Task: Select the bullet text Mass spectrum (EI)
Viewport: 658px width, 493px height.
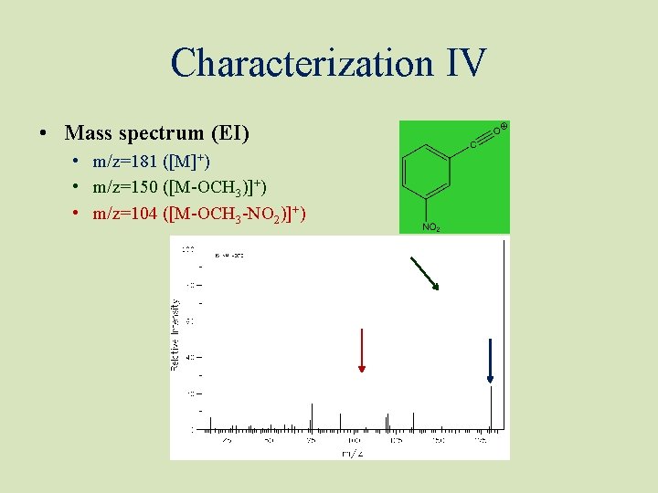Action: point(156,133)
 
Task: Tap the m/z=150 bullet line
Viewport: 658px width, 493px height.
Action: point(179,187)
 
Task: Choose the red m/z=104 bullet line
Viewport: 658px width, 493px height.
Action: point(199,214)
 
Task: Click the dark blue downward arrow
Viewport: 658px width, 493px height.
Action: point(490,360)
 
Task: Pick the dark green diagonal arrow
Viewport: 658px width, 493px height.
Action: point(424,273)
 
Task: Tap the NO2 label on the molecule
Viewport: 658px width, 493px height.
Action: point(430,226)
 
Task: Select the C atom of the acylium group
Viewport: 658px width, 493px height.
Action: point(473,144)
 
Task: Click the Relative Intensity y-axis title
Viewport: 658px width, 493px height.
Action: point(175,333)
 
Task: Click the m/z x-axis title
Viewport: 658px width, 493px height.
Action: point(352,453)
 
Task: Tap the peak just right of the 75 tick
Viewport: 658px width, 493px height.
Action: point(312,416)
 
